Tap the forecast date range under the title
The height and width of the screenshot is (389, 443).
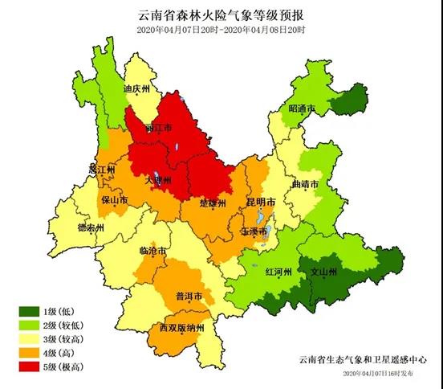[221, 30]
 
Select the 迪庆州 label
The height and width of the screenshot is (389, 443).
[137, 90]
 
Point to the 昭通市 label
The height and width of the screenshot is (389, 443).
[303, 108]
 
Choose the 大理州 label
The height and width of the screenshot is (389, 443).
[159, 182]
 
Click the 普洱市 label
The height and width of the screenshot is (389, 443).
[188, 296]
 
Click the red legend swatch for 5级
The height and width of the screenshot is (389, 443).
[30, 366]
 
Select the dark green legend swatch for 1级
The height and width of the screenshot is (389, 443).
[30, 310]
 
